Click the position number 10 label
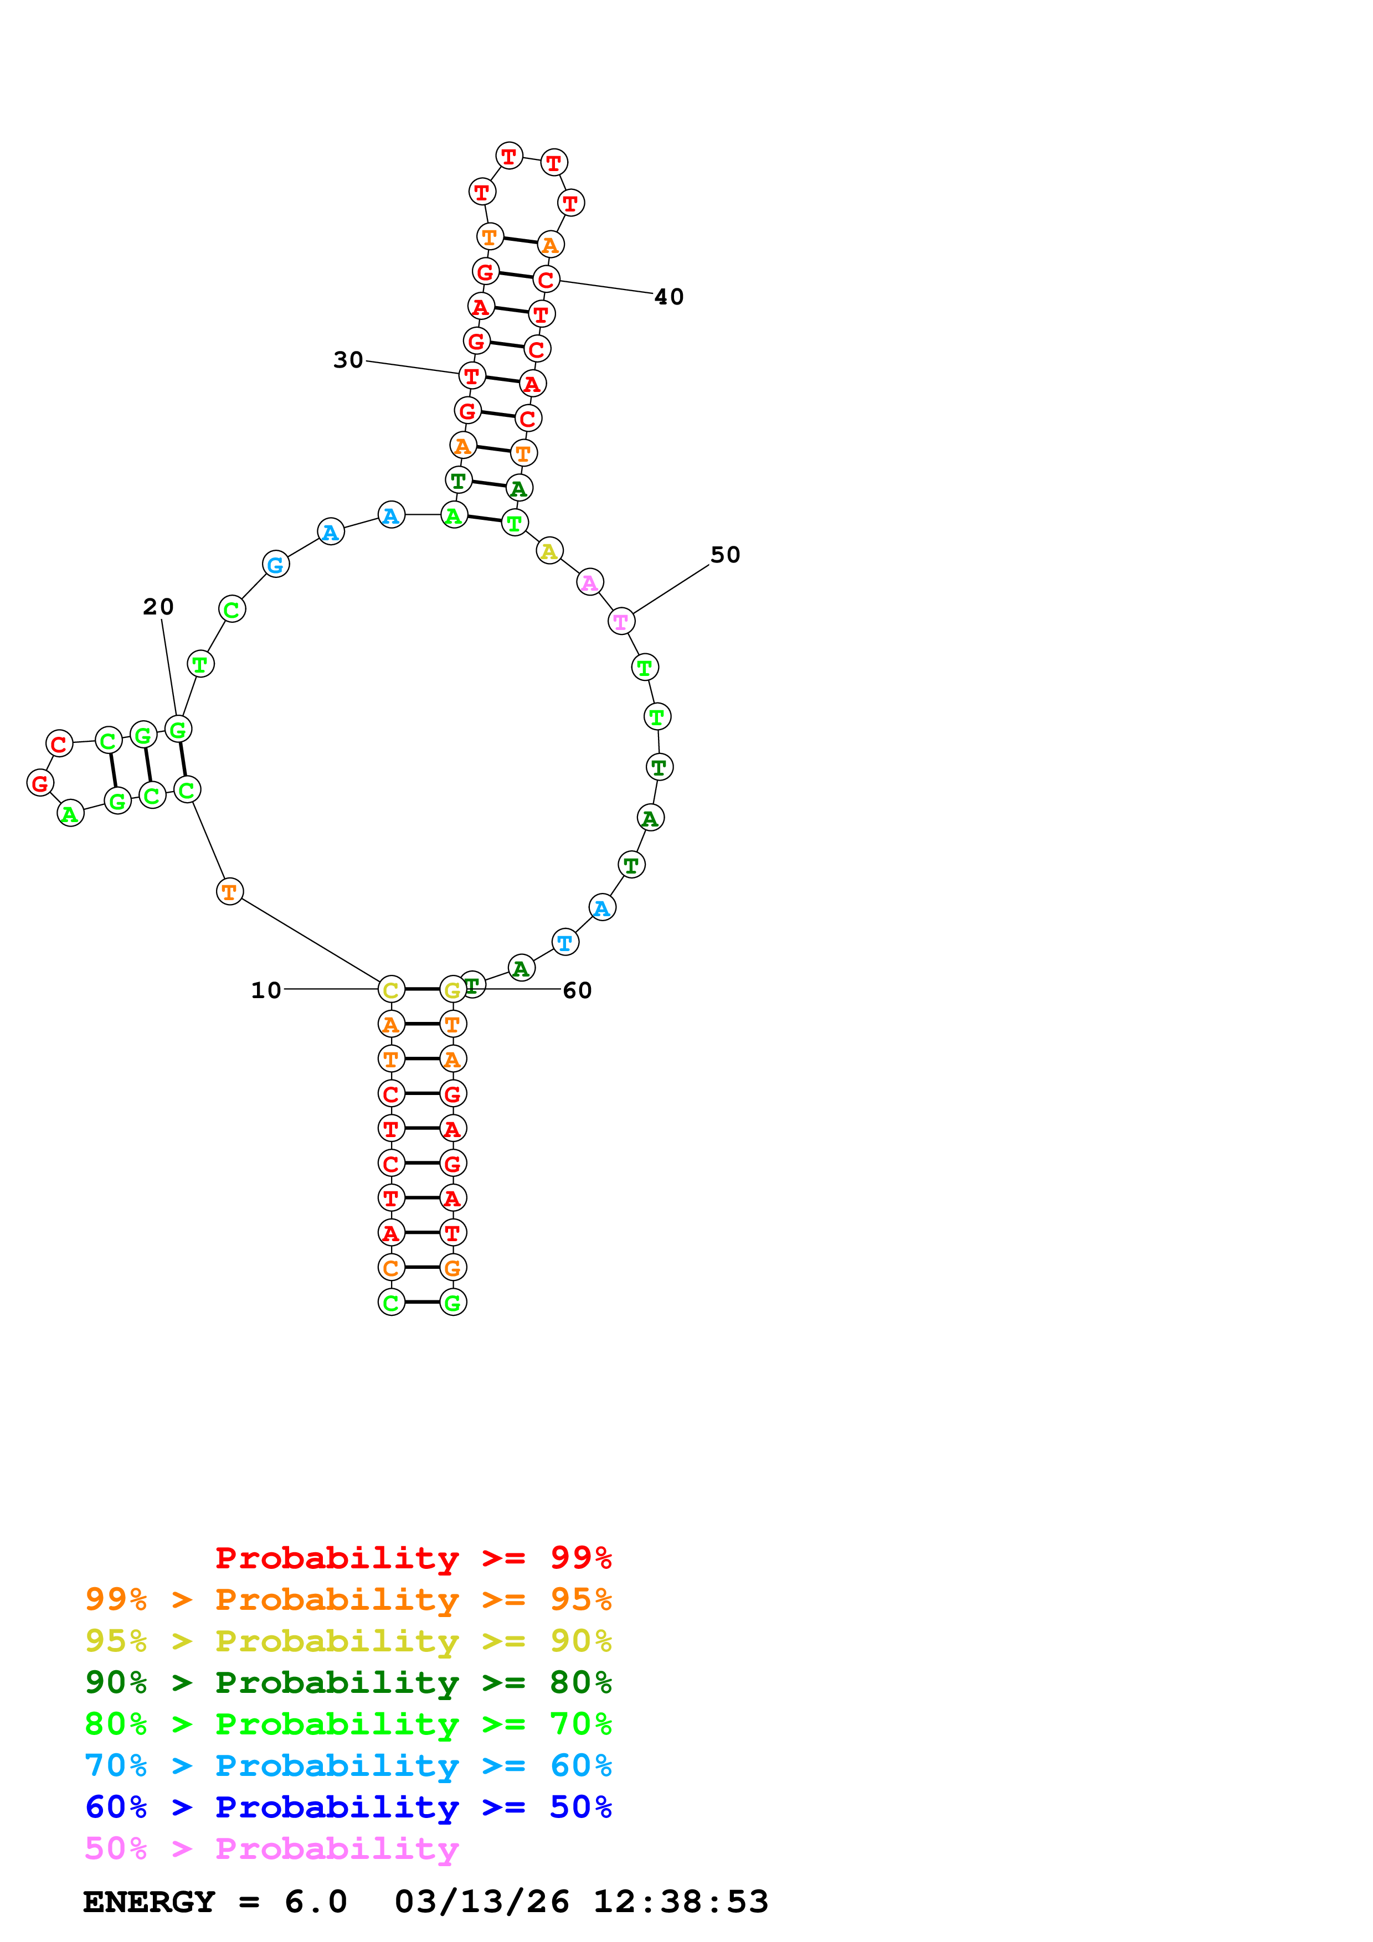click(266, 990)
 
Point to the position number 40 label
click(668, 297)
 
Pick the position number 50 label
click(725, 555)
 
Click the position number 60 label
click(577, 990)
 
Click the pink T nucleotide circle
click(621, 621)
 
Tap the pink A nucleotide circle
click(590, 582)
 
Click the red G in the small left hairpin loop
click(40, 782)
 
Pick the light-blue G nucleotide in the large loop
click(276, 564)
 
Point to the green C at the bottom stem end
click(391, 1303)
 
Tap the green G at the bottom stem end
click(452, 1303)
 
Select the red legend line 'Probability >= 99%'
click(413, 1558)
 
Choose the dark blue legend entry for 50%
click(348, 1807)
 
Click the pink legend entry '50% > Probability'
click(271, 1849)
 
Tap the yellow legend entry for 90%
click(348, 1641)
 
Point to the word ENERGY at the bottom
click(149, 1902)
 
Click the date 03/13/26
click(481, 1902)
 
